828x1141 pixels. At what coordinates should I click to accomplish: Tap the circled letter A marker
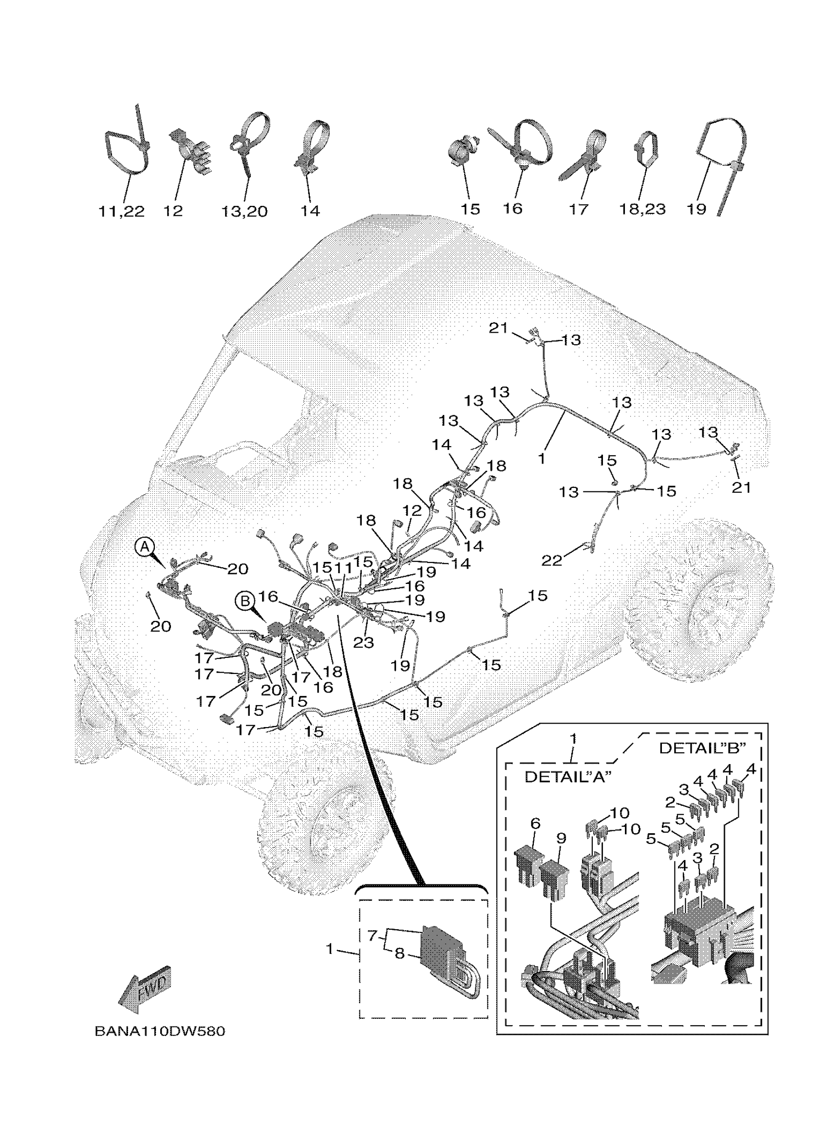pos(144,546)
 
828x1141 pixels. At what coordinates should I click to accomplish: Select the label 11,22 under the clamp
pos(121,211)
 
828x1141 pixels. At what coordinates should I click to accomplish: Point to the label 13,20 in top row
pos(245,211)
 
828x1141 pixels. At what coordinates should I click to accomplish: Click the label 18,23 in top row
pos(642,209)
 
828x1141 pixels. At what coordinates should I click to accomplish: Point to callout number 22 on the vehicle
pos(551,560)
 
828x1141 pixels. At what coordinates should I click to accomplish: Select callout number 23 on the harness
pos(363,642)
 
